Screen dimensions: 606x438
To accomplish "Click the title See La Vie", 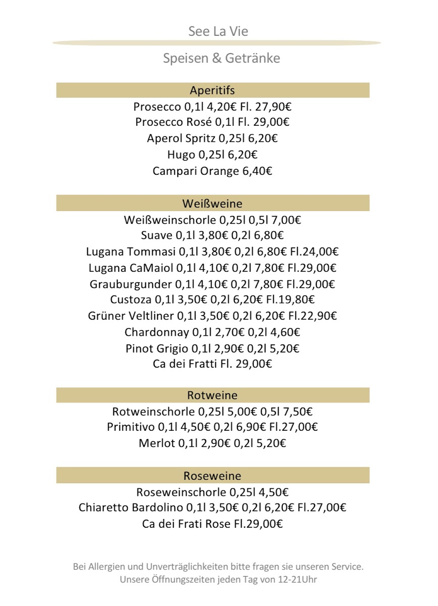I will (x=218, y=32).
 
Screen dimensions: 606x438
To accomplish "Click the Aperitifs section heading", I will (x=212, y=90).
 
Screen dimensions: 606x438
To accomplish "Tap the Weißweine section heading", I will (x=212, y=204).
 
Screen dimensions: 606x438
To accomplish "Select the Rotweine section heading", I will (x=212, y=395).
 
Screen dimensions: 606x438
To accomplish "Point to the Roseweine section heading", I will (x=212, y=476).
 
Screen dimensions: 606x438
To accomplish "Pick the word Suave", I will (x=157, y=235).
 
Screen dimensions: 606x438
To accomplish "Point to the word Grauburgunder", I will (x=131, y=284).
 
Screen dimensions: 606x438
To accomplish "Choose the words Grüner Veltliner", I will (x=131, y=316).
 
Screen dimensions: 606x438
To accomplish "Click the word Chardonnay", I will (x=156, y=332).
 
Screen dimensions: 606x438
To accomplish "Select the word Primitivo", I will (x=130, y=427).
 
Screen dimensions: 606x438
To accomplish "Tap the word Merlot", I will (x=156, y=443).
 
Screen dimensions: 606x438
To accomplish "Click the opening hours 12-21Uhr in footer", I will (x=297, y=580).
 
